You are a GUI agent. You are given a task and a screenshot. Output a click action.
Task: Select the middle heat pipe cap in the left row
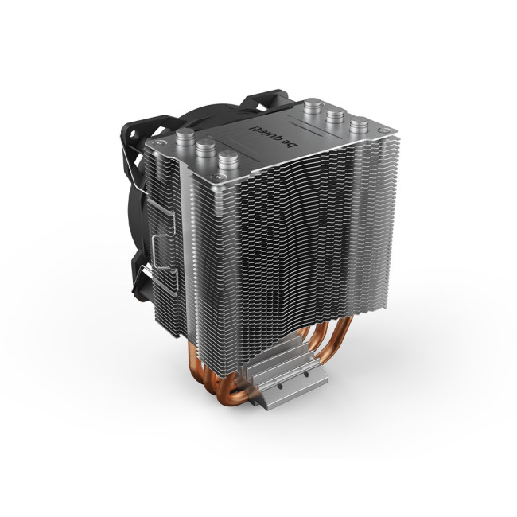coord(203,147)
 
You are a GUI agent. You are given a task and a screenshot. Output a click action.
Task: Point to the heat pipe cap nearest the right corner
coord(360,125)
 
